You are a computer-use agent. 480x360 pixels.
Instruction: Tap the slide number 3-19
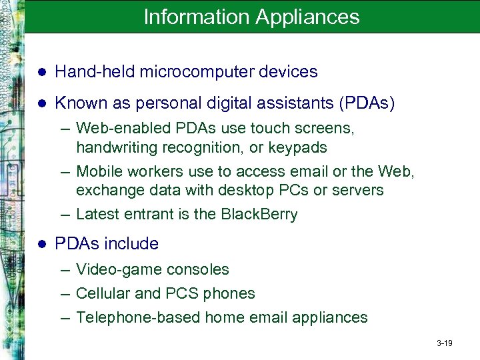pos(445,343)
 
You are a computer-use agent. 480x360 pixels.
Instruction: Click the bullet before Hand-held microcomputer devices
pos(41,72)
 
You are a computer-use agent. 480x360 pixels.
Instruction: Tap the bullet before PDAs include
pos(41,245)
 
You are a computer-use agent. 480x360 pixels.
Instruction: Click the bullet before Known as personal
pos(41,104)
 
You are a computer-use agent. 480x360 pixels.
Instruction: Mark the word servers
pos(358,190)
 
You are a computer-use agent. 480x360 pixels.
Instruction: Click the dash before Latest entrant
pos(64,215)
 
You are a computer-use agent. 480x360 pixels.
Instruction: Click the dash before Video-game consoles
pos(64,270)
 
